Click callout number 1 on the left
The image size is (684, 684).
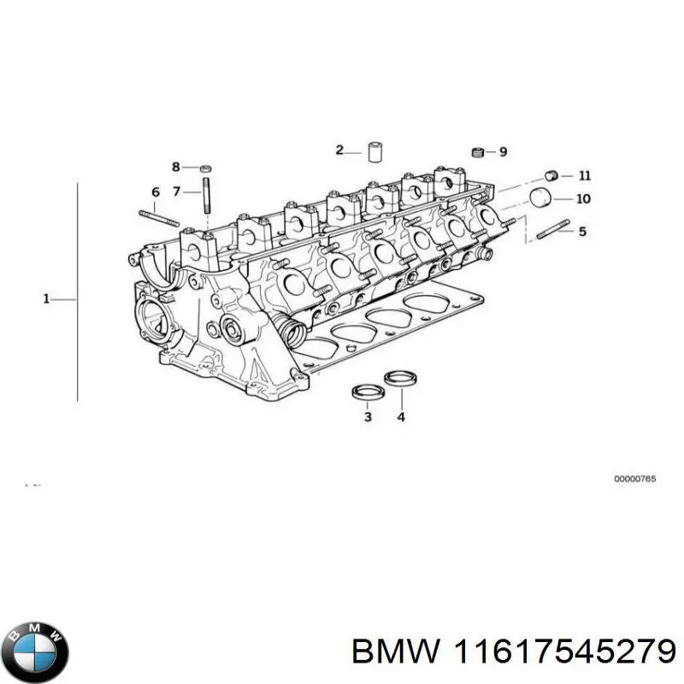tap(47, 298)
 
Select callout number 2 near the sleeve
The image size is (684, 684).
tap(339, 150)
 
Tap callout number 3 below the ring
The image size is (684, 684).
tap(367, 416)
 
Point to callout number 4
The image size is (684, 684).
tap(400, 416)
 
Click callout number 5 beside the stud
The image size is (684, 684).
tap(582, 231)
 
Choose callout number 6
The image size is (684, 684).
tap(156, 192)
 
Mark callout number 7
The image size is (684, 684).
tap(177, 192)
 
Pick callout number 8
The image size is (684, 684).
tap(176, 167)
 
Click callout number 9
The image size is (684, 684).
tap(503, 152)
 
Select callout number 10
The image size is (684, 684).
tap(583, 199)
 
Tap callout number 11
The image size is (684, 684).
tap(584, 176)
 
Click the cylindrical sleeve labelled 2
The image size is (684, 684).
tap(374, 152)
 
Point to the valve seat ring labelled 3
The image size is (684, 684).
tap(367, 392)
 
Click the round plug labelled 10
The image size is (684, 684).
tap(540, 198)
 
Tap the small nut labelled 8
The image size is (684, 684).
tap(207, 168)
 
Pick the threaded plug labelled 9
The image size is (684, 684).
tap(479, 153)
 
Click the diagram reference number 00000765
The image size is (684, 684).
tap(634, 480)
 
